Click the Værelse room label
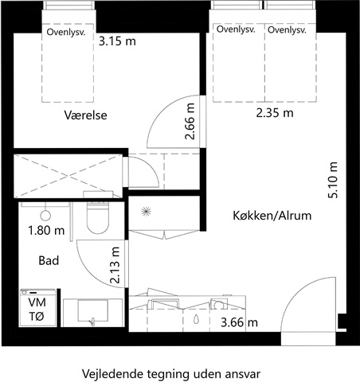pyautogui.click(x=85, y=115)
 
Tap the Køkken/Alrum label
pyautogui.click(x=272, y=216)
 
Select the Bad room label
pyautogui.click(x=49, y=260)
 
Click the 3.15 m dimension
pyautogui.click(x=117, y=41)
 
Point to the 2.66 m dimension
pyautogui.click(x=190, y=121)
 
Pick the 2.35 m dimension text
pyautogui.click(x=275, y=113)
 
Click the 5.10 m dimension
pyautogui.click(x=333, y=180)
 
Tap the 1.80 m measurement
pyautogui.click(x=46, y=231)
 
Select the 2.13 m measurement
pyautogui.click(x=115, y=265)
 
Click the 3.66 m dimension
pyautogui.click(x=239, y=322)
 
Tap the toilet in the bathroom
pyautogui.click(x=98, y=216)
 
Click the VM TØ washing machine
pyautogui.click(x=38, y=308)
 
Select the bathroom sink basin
pyautogui.click(x=92, y=310)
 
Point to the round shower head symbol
pyautogui.click(x=45, y=216)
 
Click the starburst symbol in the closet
pyautogui.click(x=146, y=212)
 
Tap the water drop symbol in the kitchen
pyautogui.click(x=196, y=319)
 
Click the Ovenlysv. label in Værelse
pyautogui.click(x=66, y=33)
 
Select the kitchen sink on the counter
pyautogui.click(x=165, y=304)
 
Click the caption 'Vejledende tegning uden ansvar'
pyautogui.click(x=171, y=374)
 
